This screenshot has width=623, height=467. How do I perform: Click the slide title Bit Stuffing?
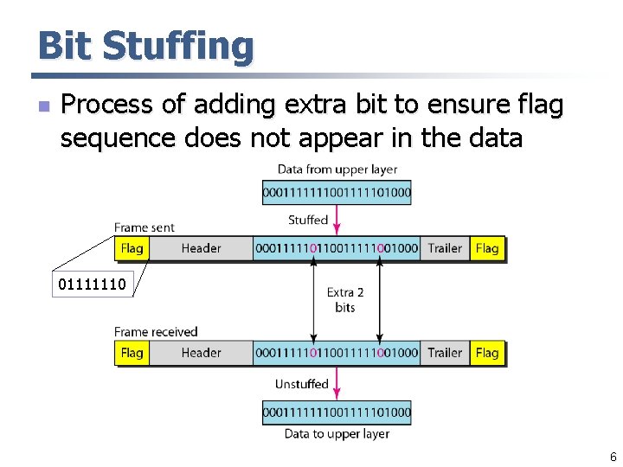click(x=145, y=46)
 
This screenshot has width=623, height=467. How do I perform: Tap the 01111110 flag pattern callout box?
click(x=92, y=283)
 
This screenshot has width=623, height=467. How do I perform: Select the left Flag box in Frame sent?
click(x=132, y=248)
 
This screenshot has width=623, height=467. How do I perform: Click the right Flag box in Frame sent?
click(x=487, y=248)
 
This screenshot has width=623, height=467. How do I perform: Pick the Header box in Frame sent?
click(x=201, y=248)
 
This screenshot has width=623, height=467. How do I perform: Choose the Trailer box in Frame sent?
click(x=445, y=248)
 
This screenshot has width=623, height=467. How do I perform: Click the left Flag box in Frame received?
click(x=132, y=353)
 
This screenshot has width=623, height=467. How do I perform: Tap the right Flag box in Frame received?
click(x=487, y=353)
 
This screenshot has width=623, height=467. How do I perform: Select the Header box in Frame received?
click(x=201, y=353)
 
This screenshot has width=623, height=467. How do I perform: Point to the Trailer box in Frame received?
click(x=445, y=353)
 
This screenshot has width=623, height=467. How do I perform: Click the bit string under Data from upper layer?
click(x=337, y=192)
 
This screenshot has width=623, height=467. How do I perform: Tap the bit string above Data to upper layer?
click(x=337, y=413)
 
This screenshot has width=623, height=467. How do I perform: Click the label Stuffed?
click(x=308, y=220)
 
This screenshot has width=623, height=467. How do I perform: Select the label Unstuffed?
click(x=302, y=384)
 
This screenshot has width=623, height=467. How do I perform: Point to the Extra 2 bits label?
click(x=345, y=300)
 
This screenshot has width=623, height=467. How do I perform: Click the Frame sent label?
click(x=145, y=227)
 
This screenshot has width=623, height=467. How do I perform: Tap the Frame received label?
click(x=156, y=332)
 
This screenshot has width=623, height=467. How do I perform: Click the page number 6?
click(x=613, y=457)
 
